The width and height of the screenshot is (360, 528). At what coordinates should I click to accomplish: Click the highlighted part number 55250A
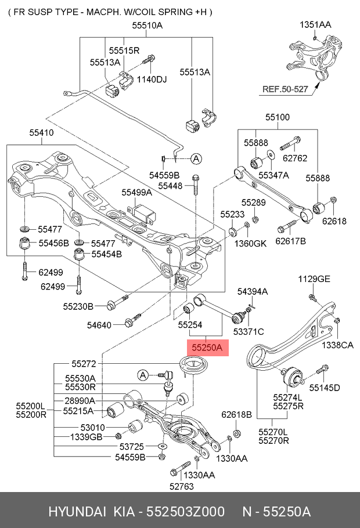[207, 348]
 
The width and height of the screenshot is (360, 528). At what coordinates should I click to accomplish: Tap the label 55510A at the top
[147, 26]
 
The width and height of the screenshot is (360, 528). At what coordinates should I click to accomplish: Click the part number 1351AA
[315, 25]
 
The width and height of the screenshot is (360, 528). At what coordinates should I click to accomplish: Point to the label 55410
[41, 133]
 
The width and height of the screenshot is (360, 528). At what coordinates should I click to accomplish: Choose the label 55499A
[136, 192]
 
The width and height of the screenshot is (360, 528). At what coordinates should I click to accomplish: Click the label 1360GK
[250, 243]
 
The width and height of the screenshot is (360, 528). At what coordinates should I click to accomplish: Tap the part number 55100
[278, 117]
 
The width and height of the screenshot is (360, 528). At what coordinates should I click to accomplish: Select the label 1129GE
[314, 279]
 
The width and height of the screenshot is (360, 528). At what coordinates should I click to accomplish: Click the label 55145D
[324, 387]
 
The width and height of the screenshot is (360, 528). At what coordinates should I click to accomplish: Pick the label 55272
[84, 364]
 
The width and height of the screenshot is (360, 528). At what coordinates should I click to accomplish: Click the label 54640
[99, 326]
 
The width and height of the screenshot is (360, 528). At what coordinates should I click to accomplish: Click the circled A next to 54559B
[196, 158]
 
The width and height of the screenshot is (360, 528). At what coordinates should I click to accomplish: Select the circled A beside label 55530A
[142, 375]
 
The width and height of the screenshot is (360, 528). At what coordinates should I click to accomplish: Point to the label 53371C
[249, 331]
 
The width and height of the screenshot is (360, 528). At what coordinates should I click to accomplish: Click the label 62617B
[290, 240]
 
